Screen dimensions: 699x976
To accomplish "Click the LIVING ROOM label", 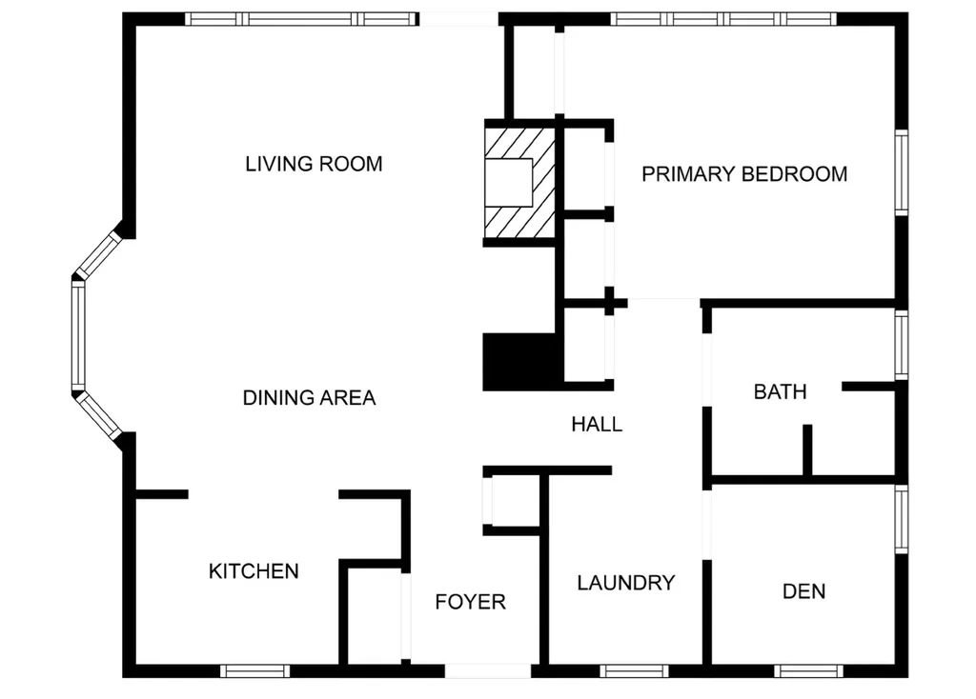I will click(x=314, y=164).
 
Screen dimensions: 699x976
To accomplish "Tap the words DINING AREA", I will click(x=309, y=398).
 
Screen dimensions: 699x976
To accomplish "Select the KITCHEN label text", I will click(x=254, y=571).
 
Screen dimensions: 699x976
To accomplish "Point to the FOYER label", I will click(x=470, y=602).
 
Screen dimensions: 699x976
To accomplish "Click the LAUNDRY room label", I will click(x=626, y=583).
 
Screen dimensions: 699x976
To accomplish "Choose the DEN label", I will click(x=803, y=591).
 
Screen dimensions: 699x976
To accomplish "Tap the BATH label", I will click(x=780, y=391).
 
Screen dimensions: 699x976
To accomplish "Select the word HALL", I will click(x=597, y=425).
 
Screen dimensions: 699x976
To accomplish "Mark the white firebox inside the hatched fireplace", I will click(x=508, y=182).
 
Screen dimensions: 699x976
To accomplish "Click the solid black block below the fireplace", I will click(x=519, y=362).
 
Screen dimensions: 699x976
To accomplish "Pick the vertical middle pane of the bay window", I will click(x=78, y=335).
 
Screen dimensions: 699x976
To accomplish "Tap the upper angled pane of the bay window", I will click(x=99, y=255).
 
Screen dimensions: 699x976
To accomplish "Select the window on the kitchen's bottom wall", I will click(x=254, y=670).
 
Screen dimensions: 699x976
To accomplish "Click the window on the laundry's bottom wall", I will click(x=634, y=670).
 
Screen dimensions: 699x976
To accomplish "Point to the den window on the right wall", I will click(x=901, y=519).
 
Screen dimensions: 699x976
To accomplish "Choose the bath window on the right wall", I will click(x=901, y=344).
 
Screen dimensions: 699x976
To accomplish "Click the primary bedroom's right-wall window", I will click(x=901, y=172).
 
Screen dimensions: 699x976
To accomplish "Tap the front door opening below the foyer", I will click(x=487, y=670).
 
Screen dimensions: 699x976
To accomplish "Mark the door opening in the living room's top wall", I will click(x=458, y=19).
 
